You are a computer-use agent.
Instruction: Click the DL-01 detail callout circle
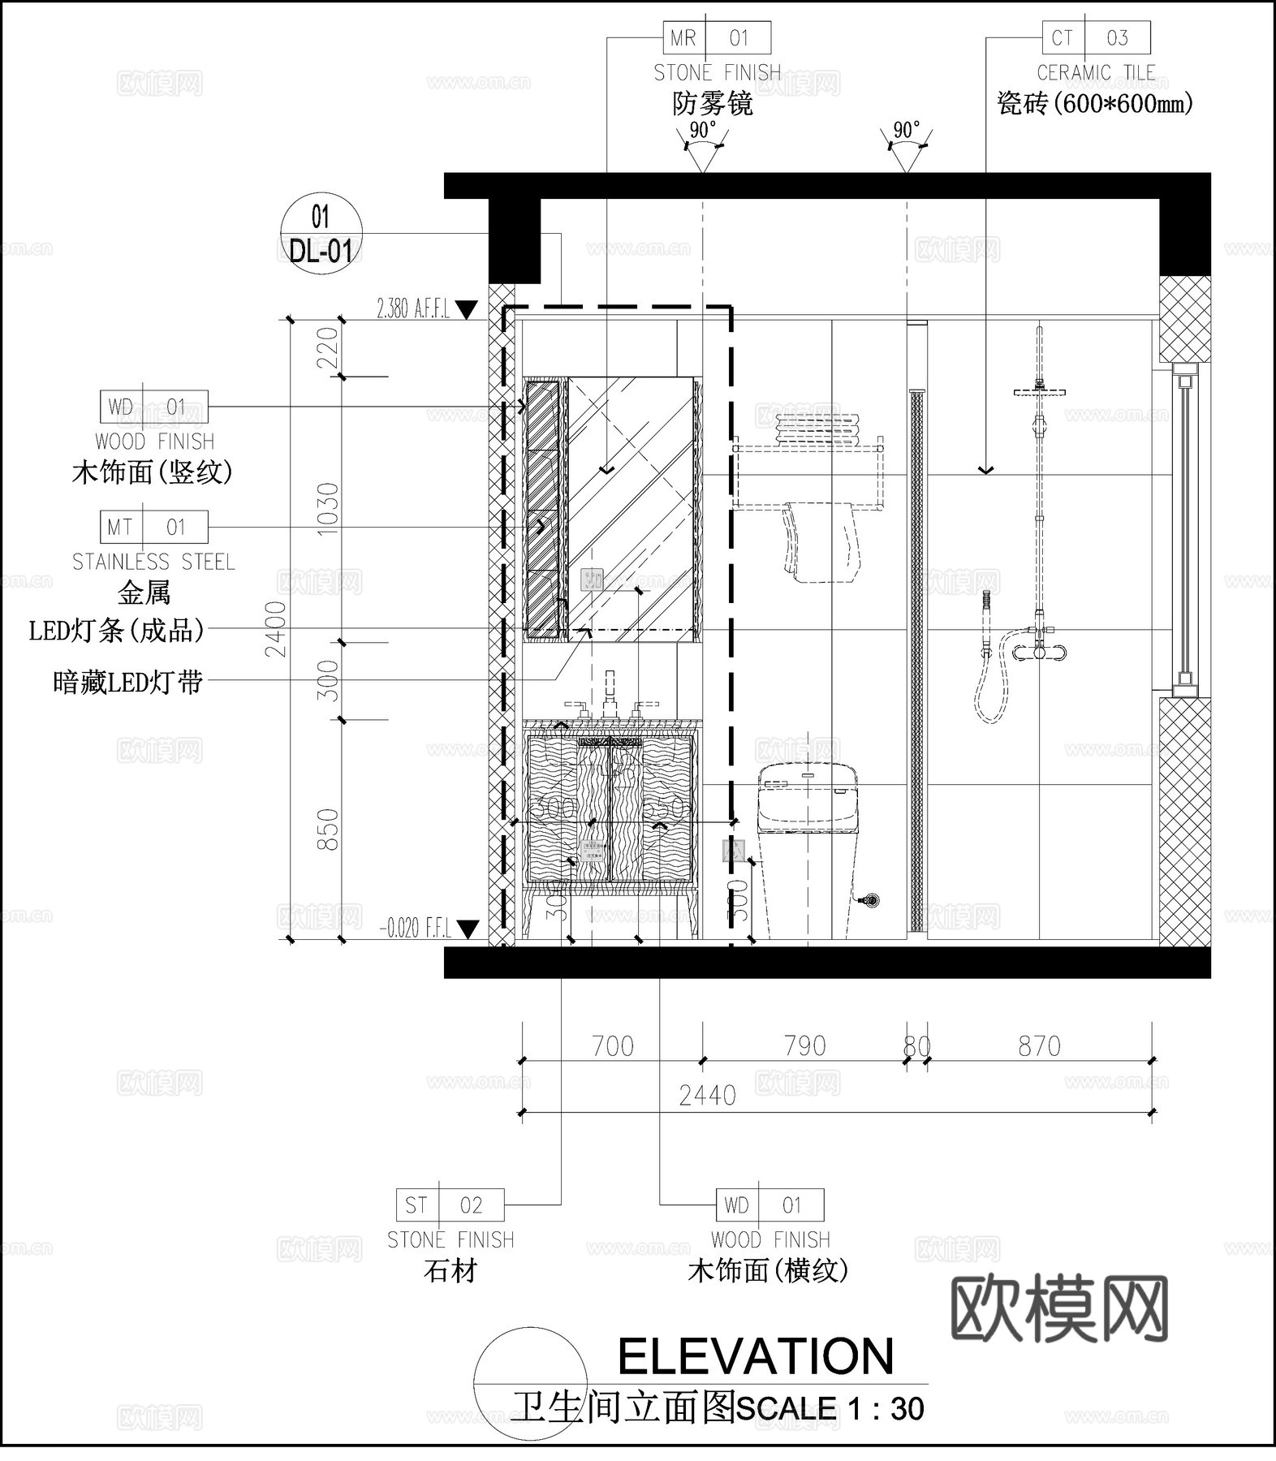pos(321,235)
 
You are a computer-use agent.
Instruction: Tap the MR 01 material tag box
pos(717,38)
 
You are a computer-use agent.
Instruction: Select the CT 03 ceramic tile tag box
pos(1096,38)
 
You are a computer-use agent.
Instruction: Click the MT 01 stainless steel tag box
pos(153,528)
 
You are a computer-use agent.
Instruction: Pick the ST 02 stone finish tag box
pos(450,1205)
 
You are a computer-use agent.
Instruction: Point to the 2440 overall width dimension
pos(707,1096)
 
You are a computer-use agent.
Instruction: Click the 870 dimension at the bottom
pos(1039,1046)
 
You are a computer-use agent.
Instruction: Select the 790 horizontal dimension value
pos(804,1046)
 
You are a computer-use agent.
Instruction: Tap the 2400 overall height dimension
pos(278,629)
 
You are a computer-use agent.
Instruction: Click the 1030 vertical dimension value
pos(327,510)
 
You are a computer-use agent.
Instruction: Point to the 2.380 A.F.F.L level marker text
pos(413,309)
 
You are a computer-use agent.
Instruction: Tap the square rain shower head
pos(1039,392)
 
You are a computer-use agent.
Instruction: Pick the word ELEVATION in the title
pos(756,1356)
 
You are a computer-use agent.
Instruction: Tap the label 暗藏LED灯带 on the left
pos(127,683)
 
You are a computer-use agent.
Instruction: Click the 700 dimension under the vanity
pos(612,1046)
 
